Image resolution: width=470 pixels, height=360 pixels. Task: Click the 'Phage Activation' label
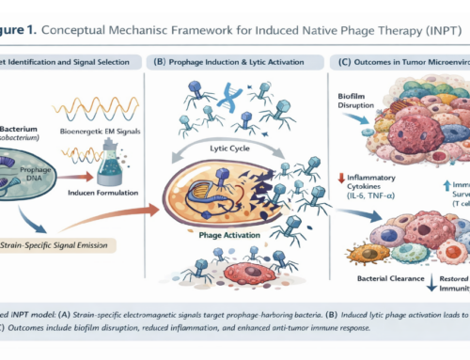click(x=223, y=211)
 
